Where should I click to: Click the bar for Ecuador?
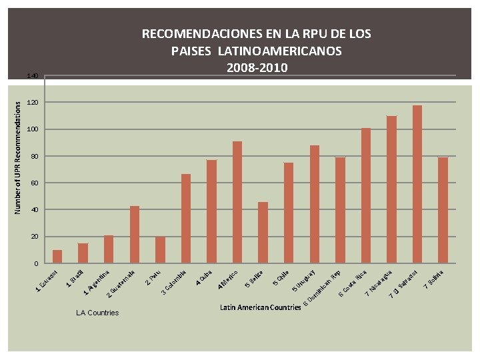click(57, 257)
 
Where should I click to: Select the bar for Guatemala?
click(135, 235)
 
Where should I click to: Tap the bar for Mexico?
click(237, 202)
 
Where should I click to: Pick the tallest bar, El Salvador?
click(417, 184)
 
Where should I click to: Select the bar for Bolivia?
click(443, 210)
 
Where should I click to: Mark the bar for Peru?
click(160, 250)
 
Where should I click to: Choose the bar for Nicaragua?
click(391, 189)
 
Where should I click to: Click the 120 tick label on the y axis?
click(32, 103)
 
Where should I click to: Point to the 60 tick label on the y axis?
click(33, 183)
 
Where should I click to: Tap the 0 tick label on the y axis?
click(35, 264)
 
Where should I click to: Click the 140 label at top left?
click(32, 76)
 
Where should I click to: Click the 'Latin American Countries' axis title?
click(260, 307)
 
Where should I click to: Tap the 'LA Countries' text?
click(97, 313)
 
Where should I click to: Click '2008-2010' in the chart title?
click(257, 67)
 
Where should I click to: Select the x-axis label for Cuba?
click(204, 277)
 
